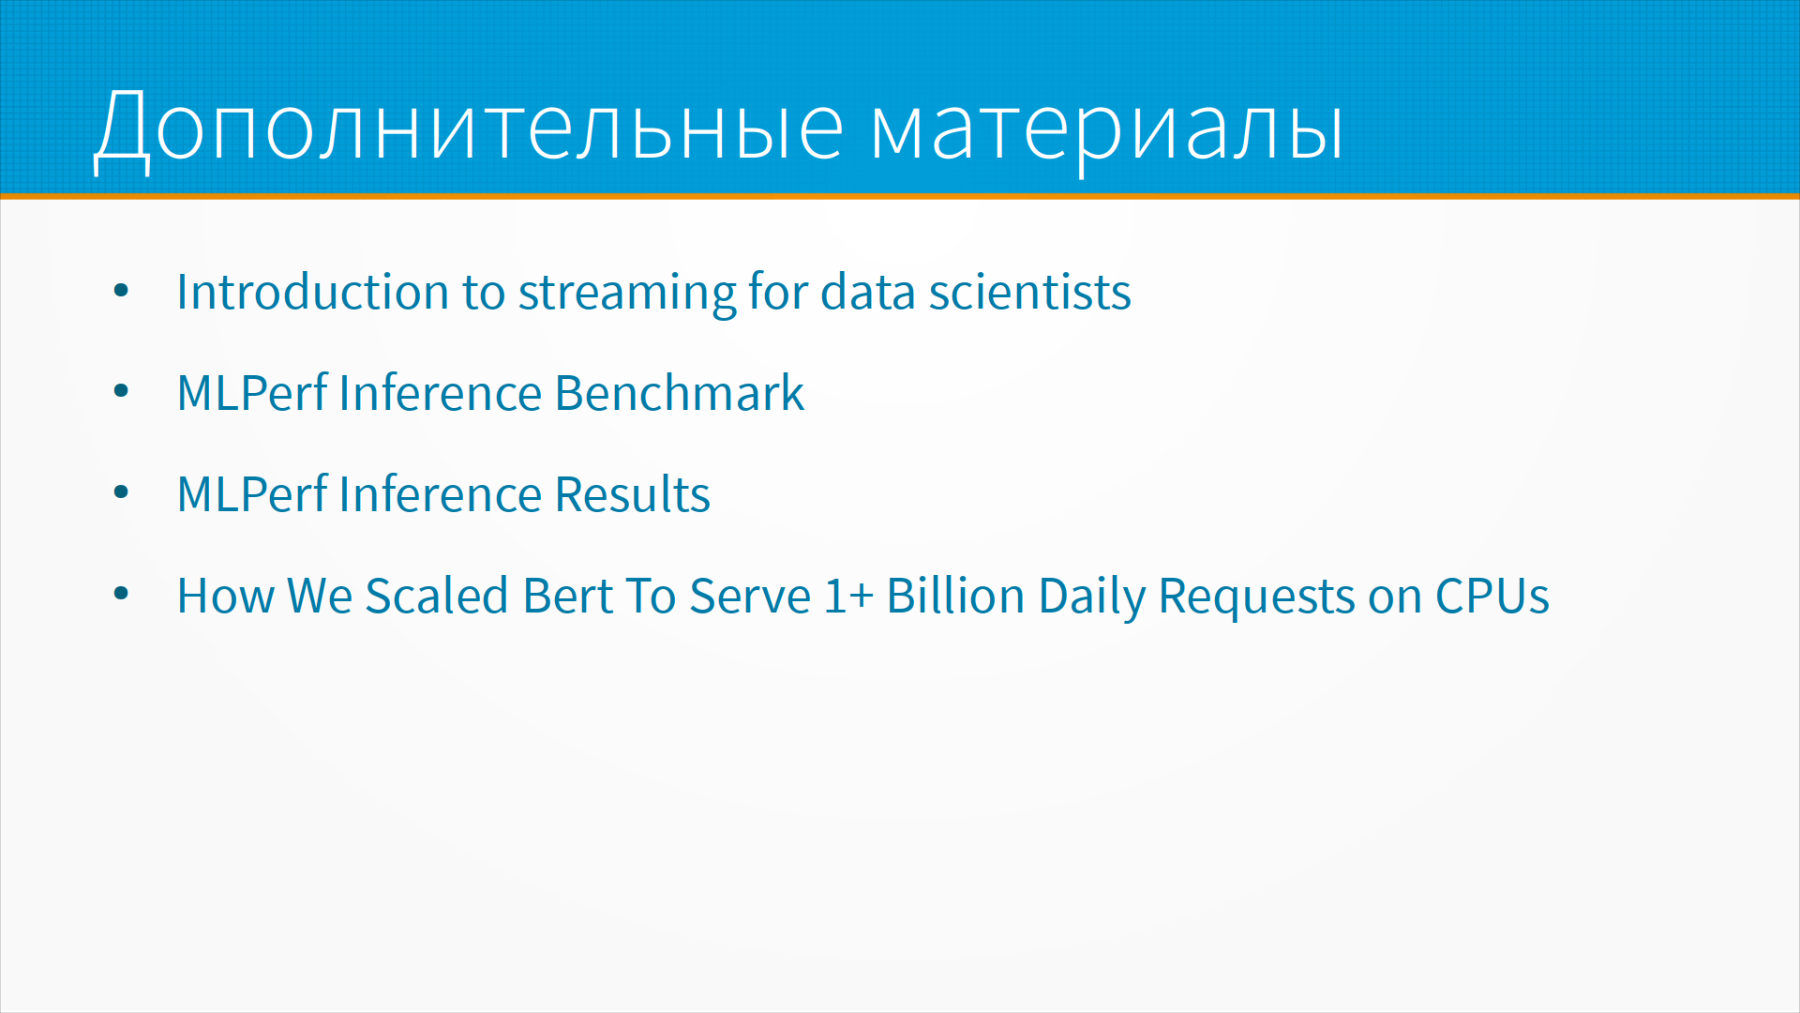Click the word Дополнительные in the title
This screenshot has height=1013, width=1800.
coord(470,128)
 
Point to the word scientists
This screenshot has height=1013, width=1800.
coord(1029,292)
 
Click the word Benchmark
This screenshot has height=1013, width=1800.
coord(679,392)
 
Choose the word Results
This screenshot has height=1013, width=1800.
coord(632,493)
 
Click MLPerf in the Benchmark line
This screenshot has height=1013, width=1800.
coord(252,392)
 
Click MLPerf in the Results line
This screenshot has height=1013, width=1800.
coord(252,493)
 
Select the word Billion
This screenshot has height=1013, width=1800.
coord(955,596)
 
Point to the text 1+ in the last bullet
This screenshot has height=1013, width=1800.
coord(848,596)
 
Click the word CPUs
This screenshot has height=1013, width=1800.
coord(1492,596)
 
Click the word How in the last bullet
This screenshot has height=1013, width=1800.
coord(225,596)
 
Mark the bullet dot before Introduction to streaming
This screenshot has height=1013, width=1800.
coord(121,291)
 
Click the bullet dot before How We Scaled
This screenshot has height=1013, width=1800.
coord(121,594)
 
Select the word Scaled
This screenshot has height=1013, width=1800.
coord(436,596)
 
